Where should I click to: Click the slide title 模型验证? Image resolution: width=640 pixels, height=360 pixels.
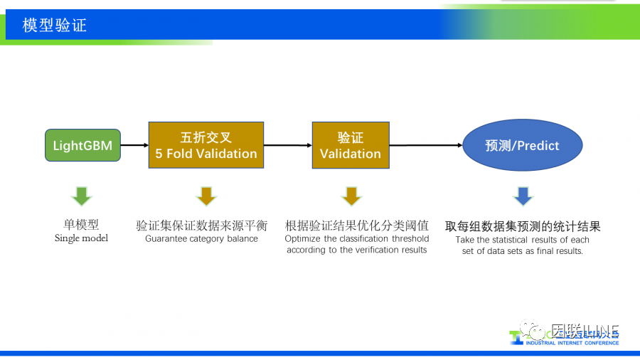click(x=55, y=26)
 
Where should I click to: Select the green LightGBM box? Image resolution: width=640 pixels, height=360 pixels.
click(x=82, y=146)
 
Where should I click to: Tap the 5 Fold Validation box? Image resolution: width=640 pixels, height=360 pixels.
click(x=206, y=145)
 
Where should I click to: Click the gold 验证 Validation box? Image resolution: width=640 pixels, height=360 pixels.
click(x=351, y=145)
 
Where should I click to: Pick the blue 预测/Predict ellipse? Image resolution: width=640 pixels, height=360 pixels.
click(x=522, y=145)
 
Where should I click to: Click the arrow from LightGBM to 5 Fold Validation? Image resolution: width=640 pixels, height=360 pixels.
click(x=134, y=146)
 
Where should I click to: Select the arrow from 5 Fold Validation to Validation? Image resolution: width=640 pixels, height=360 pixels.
click(x=287, y=145)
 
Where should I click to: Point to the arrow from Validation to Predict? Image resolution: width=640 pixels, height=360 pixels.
click(x=425, y=145)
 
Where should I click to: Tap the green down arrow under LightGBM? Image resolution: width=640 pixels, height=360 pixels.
click(x=82, y=196)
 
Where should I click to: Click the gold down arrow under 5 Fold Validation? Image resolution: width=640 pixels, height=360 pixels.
click(x=206, y=196)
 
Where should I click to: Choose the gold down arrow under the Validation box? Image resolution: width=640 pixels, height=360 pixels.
click(x=351, y=196)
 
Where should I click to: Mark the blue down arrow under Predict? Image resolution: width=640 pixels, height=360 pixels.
click(x=523, y=196)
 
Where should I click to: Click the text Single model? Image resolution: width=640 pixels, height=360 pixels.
click(x=82, y=238)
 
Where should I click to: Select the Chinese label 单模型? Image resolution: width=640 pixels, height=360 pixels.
click(x=82, y=226)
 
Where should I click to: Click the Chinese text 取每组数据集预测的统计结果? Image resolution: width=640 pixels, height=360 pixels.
click(x=523, y=226)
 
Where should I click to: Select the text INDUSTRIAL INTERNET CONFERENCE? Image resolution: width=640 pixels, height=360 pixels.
click(x=572, y=343)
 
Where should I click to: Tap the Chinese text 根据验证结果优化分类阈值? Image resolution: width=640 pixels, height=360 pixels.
click(x=357, y=226)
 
